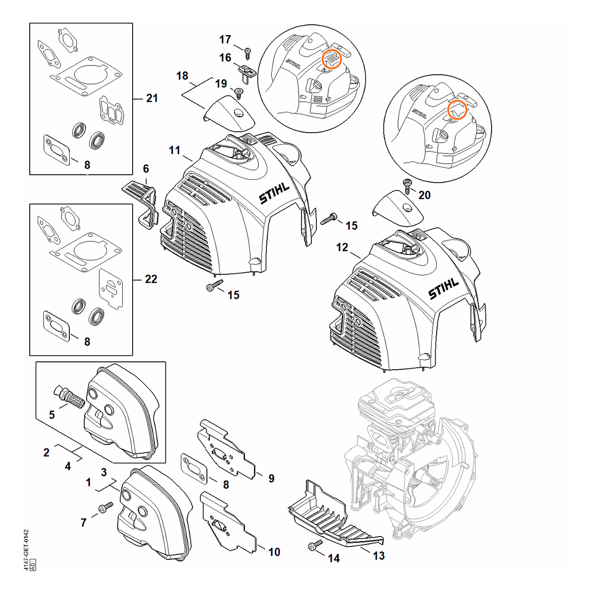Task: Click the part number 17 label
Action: pos(225,40)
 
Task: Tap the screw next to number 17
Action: pos(247,53)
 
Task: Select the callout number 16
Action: pos(225,57)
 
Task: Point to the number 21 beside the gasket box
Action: pos(151,99)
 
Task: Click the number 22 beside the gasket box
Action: pos(151,279)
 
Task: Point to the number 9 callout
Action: pos(271,478)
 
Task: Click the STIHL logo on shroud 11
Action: pos(274,194)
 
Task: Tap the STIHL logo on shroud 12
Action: pos(444,289)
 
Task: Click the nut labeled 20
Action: pos(407,186)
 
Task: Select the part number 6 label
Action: pos(146,169)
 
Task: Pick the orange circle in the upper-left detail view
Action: pos(332,58)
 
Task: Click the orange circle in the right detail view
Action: pos(457,110)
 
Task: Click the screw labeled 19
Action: pos(238,93)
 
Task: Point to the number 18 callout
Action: pos(182,76)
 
